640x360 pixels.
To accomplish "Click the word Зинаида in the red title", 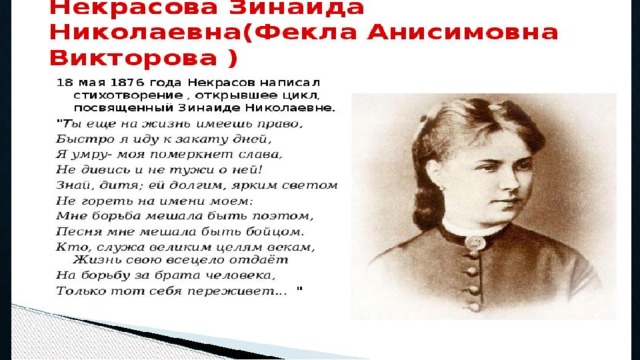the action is (x=296, y=7).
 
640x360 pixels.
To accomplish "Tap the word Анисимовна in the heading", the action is (x=462, y=33).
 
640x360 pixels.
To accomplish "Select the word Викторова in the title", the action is (x=133, y=58).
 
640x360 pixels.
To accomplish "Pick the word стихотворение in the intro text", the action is (x=128, y=96).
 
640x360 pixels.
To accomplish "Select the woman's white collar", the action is (x=473, y=229).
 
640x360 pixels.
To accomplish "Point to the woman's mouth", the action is (x=511, y=202).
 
